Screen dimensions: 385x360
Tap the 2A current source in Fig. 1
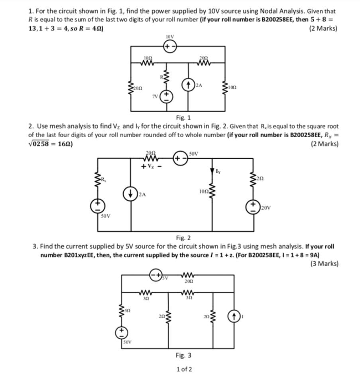188,85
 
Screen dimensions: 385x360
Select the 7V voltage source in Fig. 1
167,96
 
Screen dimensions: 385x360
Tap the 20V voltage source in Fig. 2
254,207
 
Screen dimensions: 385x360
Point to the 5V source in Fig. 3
156,275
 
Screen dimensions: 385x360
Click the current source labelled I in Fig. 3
233,317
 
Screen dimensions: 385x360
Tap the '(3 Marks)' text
324,263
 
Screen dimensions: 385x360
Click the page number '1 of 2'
184,369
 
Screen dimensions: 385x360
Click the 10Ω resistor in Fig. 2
211,192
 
